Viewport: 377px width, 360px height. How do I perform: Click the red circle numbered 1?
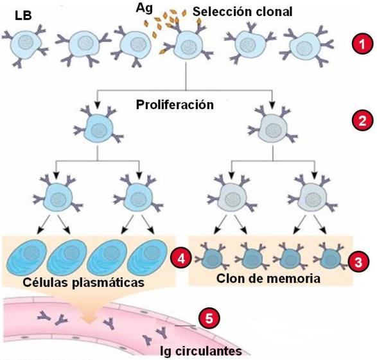coord(362,44)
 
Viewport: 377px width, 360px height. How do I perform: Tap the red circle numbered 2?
coord(362,120)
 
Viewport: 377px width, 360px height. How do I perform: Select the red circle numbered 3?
coord(358,262)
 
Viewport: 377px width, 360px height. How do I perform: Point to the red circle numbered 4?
coord(181,259)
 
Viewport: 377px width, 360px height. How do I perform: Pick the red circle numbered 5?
coord(209,318)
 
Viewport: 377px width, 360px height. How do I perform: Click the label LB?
coord(23,16)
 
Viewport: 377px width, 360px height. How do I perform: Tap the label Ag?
coord(144,8)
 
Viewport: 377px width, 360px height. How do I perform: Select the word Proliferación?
coord(175,105)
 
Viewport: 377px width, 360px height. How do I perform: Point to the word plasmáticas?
coord(108,282)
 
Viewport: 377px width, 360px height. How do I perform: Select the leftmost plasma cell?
coord(26,257)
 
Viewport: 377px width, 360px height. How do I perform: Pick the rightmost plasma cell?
coord(147,257)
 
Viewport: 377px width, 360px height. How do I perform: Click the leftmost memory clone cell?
coord(211,257)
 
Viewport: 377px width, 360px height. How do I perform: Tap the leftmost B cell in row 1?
coord(26,44)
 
